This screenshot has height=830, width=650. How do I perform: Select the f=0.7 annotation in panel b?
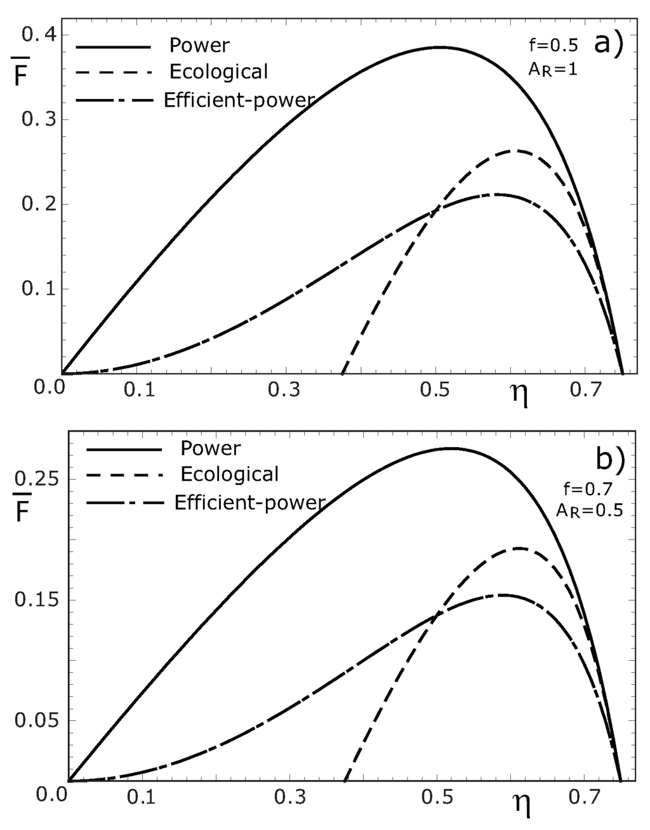[585, 488]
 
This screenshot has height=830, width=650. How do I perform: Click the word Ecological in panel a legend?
[218, 72]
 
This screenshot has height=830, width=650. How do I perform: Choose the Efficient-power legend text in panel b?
[249, 502]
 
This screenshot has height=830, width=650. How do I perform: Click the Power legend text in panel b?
[210, 448]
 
